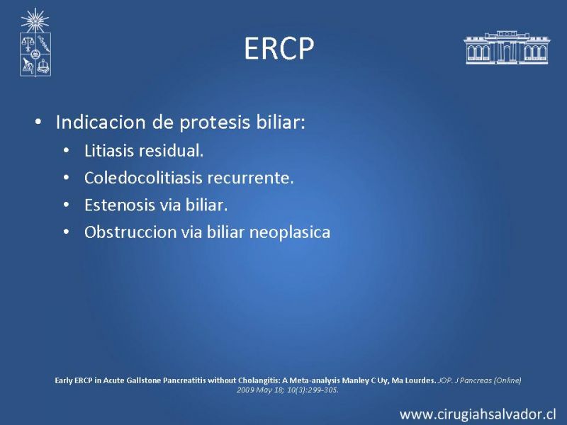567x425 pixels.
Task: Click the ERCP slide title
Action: click(279, 48)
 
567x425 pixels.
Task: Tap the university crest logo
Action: click(35, 42)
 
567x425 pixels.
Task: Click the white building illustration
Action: click(507, 47)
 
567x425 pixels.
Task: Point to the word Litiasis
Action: click(108, 151)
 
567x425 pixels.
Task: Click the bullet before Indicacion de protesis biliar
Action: click(38, 122)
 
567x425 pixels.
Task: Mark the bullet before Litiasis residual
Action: click(66, 150)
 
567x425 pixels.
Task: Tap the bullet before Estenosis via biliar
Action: click(66, 205)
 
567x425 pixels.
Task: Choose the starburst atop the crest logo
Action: click(35, 21)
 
